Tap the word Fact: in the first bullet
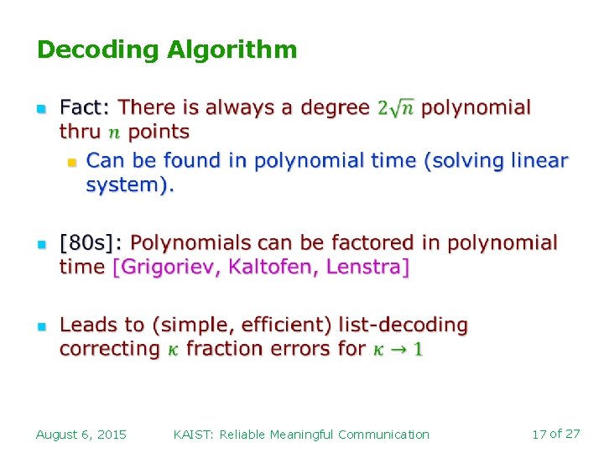pos(85,107)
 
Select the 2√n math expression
pos(396,107)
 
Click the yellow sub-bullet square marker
pos(71,159)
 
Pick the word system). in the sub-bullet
pos(130,185)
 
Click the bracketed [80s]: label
pos(91,243)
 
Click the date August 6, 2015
pos(81,435)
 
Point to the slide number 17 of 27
pos(556,434)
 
